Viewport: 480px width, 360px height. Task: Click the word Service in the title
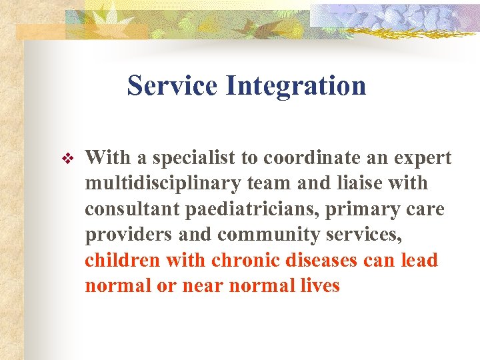(171, 85)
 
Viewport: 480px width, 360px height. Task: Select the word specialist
(195, 158)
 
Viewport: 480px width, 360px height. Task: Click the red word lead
(419, 260)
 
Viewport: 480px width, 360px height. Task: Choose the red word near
(195, 286)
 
